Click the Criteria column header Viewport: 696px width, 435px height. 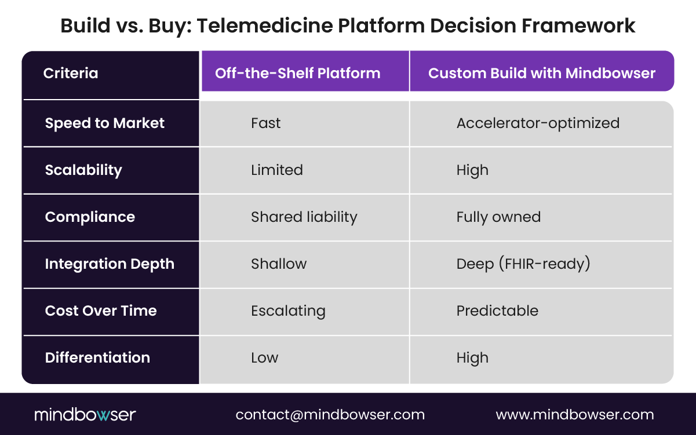71,74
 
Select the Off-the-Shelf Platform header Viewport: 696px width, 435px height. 297,74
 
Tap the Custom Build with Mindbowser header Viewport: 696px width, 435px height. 541,74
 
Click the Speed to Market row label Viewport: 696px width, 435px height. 105,123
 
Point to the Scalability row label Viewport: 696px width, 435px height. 83,170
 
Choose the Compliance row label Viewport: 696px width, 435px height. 90,217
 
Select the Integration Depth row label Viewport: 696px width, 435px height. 110,264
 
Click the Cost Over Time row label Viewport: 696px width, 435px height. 101,311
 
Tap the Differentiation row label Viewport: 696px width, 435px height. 97,358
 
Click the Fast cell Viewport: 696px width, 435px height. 265,123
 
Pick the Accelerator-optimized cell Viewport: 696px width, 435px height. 538,123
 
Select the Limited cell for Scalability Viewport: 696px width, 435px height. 276,170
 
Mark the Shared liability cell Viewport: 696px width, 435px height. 304,217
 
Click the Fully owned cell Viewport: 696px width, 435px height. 498,217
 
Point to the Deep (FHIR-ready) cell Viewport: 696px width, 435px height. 523,264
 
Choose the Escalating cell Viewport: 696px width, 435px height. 288,311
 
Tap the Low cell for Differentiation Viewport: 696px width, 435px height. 264,358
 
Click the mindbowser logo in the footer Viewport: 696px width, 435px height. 85,415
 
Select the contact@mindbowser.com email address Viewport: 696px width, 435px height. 330,415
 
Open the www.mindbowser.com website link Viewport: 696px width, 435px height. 574,415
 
